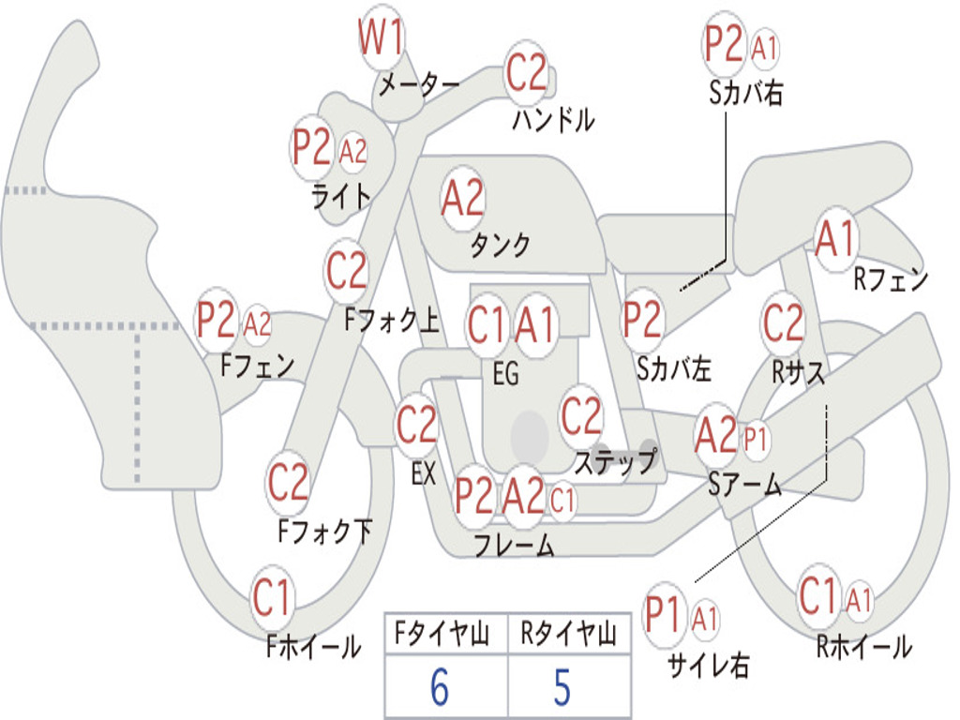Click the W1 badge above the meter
coord(381,37)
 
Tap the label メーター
coord(419,83)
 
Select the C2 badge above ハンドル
coord(526,71)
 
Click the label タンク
coord(500,245)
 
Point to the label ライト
coord(341,196)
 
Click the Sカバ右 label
coord(745,93)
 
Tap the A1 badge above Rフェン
coord(835,239)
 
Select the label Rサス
coord(799,371)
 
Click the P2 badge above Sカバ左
coord(642,320)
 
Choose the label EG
coord(505,373)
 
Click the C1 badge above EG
coord(487,324)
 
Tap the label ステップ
coord(616,461)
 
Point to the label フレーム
coord(515,545)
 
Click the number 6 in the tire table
coord(440,686)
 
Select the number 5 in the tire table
coord(562,686)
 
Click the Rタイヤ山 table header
coord(569,633)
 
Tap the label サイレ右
coord(708,665)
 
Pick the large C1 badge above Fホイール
coord(271,597)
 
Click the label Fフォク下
coord(324,531)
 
